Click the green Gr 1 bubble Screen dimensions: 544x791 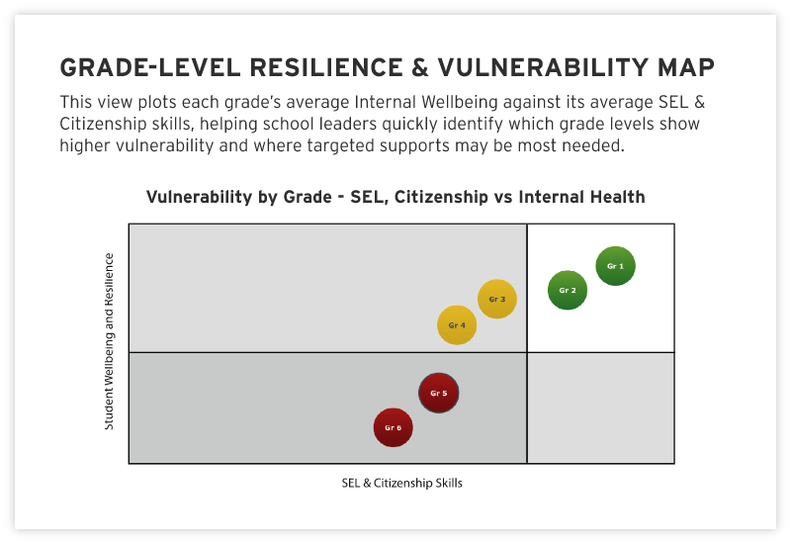[x=615, y=266]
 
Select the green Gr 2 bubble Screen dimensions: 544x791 [x=568, y=290]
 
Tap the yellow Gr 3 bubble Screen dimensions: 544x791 [x=497, y=299]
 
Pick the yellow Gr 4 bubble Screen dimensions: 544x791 [x=457, y=324]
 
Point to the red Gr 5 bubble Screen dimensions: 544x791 [x=438, y=393]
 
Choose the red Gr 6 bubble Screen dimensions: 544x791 [x=393, y=427]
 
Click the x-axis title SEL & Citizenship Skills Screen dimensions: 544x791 [x=401, y=484]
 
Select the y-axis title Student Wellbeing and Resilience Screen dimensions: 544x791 [x=109, y=341]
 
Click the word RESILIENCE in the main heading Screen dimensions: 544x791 [x=315, y=67]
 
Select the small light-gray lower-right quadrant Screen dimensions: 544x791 [x=600, y=408]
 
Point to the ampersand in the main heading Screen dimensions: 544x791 [x=417, y=67]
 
